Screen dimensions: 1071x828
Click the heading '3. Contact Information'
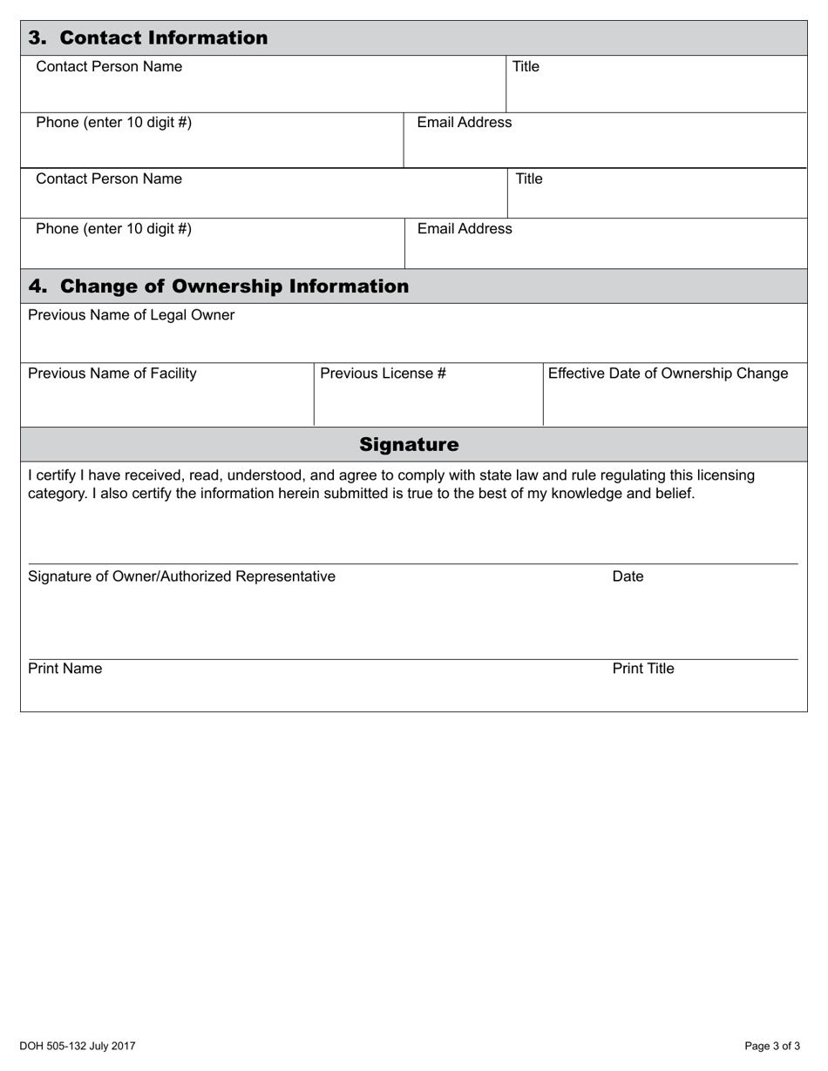click(x=148, y=38)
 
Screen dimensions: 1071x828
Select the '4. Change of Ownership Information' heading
click(x=219, y=286)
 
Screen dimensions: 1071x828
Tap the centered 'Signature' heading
click(x=409, y=445)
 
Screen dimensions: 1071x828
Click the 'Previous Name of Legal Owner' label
click(x=131, y=315)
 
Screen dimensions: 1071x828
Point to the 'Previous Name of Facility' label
click(x=112, y=374)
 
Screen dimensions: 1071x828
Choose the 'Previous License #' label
click(x=383, y=374)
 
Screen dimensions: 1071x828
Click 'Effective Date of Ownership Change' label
click(x=668, y=374)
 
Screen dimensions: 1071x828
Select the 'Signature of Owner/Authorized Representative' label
click(x=181, y=576)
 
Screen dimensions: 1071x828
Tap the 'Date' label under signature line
click(x=628, y=576)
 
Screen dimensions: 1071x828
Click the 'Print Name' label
click(x=64, y=669)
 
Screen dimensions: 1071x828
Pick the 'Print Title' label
click(x=643, y=669)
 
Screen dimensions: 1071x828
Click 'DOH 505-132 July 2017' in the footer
click(x=78, y=1047)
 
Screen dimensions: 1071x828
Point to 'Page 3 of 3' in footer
click(x=772, y=1047)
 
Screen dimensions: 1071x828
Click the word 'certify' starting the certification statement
click(x=56, y=475)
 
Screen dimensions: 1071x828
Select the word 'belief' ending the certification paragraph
click(x=673, y=494)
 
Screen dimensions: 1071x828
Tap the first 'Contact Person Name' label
click(x=109, y=67)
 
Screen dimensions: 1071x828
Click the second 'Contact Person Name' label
click(x=109, y=179)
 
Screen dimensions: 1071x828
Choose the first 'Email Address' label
click(x=465, y=123)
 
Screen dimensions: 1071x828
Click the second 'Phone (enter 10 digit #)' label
click(x=113, y=229)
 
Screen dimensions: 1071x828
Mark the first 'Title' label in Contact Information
click(x=526, y=67)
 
